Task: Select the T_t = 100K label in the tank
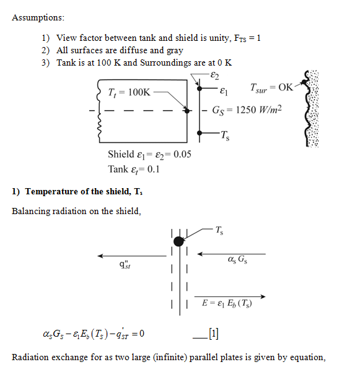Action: click(x=129, y=92)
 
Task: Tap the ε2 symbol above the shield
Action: click(x=214, y=75)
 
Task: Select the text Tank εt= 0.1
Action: click(x=133, y=168)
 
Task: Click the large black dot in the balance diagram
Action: click(x=178, y=241)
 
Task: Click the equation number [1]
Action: click(x=214, y=334)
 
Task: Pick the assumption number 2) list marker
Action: click(x=45, y=50)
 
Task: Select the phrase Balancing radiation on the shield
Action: click(x=76, y=211)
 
